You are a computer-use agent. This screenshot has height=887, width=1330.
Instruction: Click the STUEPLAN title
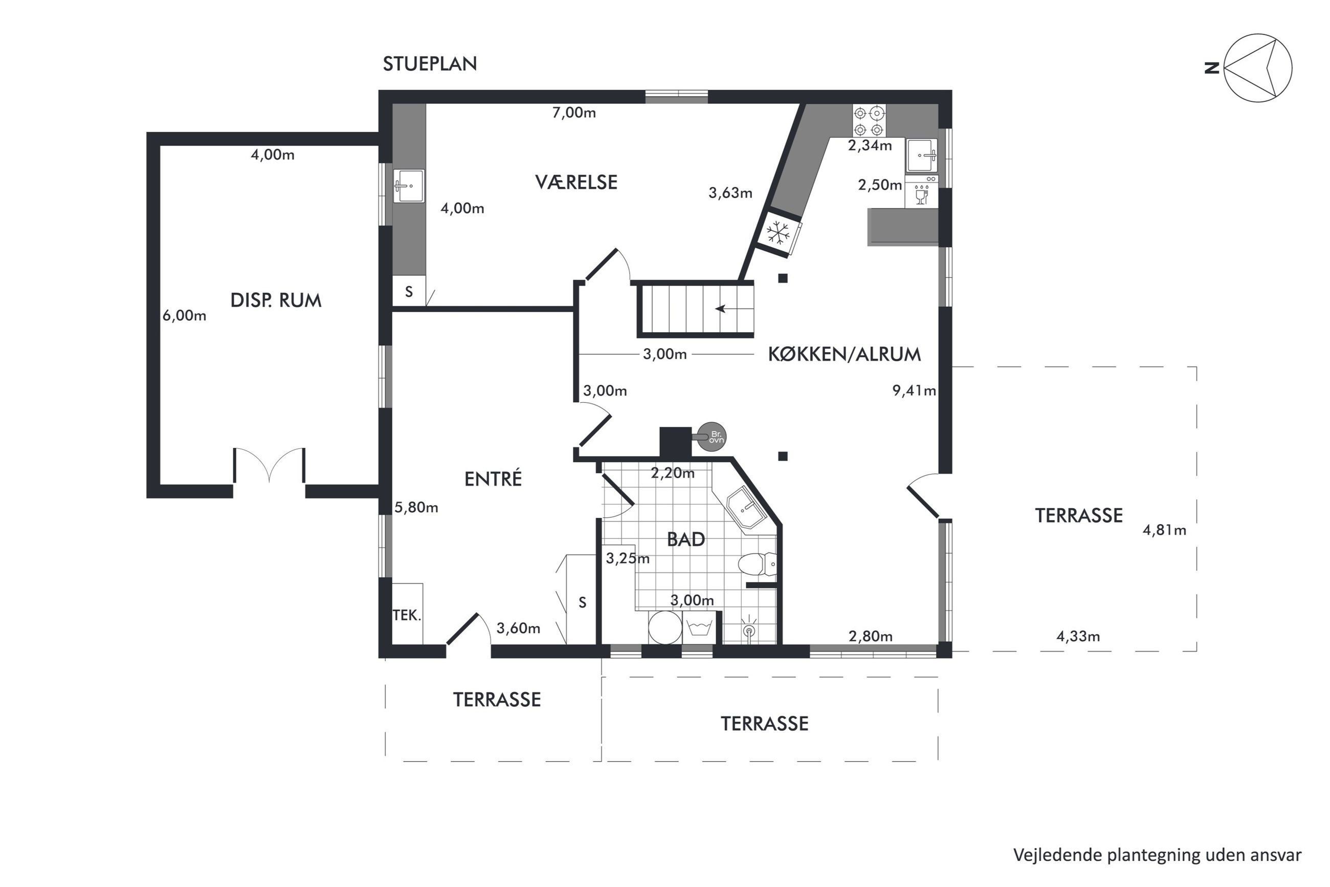(x=430, y=63)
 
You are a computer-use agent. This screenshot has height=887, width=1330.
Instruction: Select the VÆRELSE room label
(x=576, y=182)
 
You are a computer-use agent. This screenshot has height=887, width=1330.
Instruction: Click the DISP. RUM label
(x=276, y=300)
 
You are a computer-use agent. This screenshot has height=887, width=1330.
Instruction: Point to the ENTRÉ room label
(x=493, y=479)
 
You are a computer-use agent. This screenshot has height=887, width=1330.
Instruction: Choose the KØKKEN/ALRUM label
(x=845, y=354)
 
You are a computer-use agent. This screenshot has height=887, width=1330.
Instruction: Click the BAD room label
(x=685, y=539)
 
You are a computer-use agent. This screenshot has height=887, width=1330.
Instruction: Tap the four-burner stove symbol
(x=869, y=121)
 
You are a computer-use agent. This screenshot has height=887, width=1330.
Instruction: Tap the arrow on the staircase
(x=728, y=309)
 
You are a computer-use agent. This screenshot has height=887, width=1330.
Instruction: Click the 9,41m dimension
(x=914, y=391)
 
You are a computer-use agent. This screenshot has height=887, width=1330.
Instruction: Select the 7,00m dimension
(x=574, y=113)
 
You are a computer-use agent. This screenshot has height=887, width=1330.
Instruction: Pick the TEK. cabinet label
(x=407, y=615)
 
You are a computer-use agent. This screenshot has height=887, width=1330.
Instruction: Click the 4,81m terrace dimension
(x=1164, y=530)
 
